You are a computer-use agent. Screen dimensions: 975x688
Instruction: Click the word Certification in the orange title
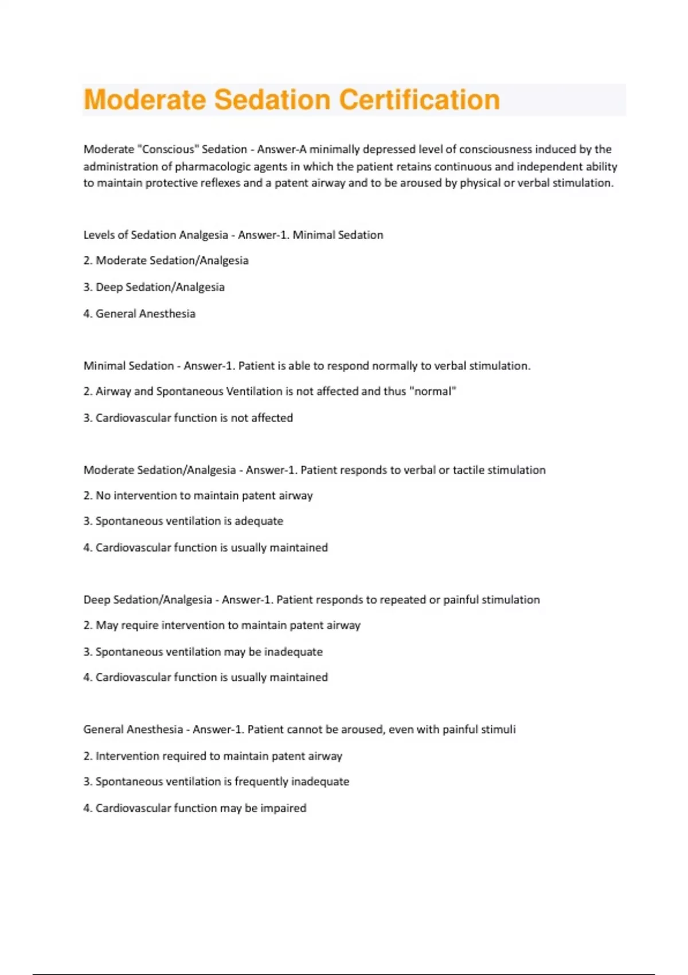pyautogui.click(x=419, y=100)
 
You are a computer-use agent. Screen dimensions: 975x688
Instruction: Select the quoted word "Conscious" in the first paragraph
pyautogui.click(x=168, y=149)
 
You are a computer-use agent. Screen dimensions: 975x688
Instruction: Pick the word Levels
pyautogui.click(x=99, y=235)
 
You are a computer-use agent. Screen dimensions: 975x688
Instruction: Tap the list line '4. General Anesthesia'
pyautogui.click(x=139, y=314)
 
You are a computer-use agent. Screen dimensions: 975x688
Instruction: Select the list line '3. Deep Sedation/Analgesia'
pyautogui.click(x=154, y=287)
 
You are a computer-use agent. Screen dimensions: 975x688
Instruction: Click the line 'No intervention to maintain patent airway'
pyautogui.click(x=204, y=496)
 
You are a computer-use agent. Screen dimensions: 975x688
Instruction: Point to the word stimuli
pyautogui.click(x=498, y=730)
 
